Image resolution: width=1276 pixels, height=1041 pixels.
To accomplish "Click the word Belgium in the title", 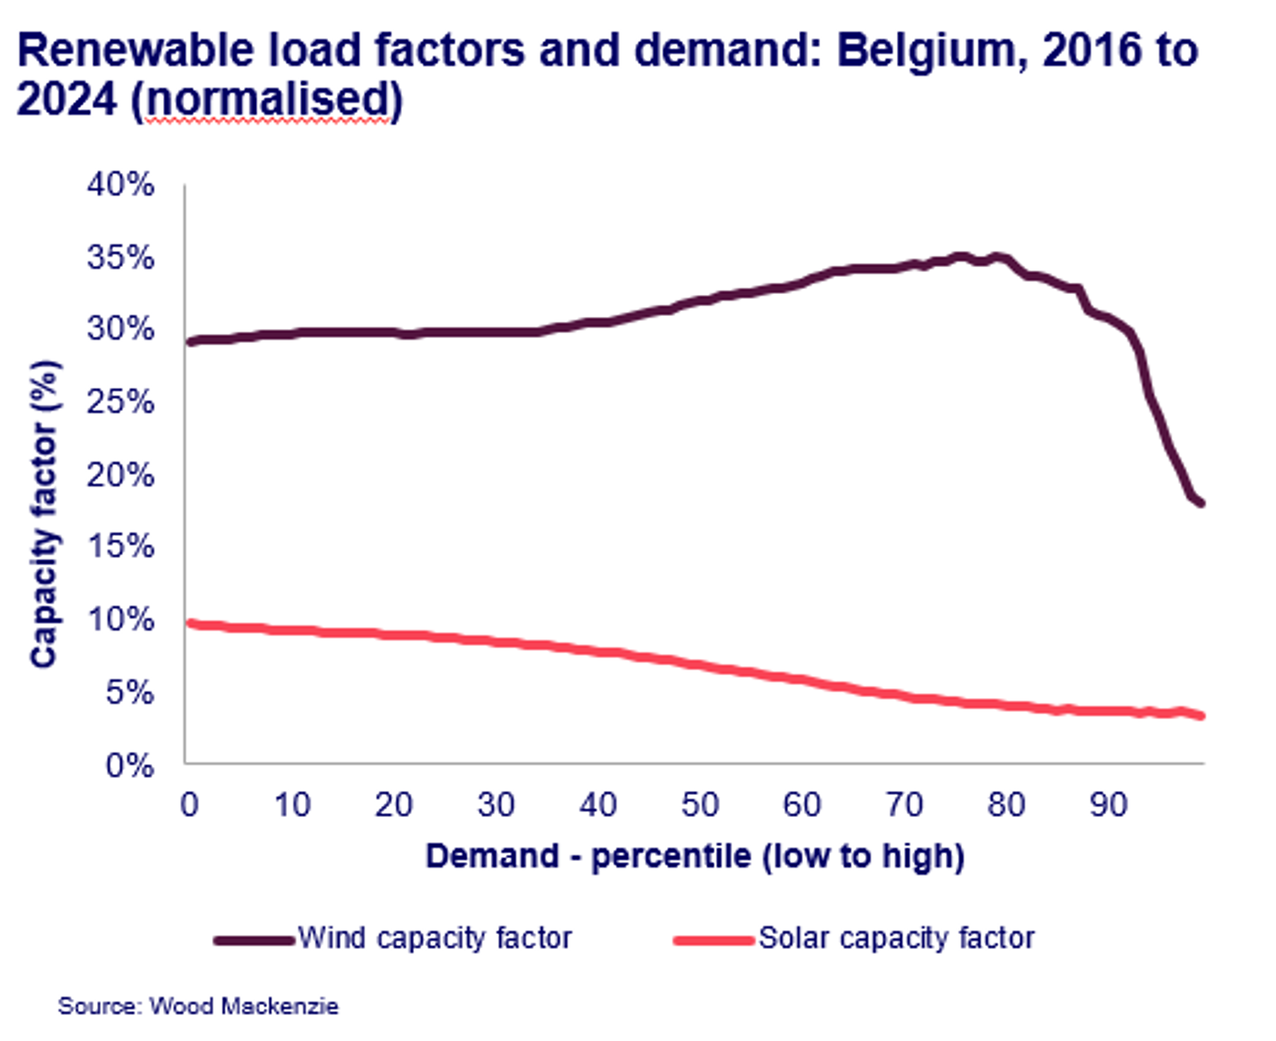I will (x=930, y=51).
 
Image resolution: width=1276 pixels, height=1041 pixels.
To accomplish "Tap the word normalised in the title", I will (x=269, y=100).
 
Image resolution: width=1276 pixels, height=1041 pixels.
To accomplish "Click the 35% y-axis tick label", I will (x=121, y=257).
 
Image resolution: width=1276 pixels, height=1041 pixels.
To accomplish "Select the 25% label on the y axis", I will (x=121, y=402).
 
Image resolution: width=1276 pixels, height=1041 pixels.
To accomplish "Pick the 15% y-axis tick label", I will (x=121, y=546).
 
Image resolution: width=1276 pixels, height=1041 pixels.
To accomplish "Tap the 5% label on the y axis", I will (x=130, y=692).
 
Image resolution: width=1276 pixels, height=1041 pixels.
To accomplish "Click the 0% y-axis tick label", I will (x=130, y=765).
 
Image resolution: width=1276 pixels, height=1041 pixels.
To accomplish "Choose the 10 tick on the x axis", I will (x=291, y=805).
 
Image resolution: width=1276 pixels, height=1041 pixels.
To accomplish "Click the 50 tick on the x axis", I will (x=700, y=805).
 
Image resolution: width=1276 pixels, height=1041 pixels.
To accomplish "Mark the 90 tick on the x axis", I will (x=1109, y=805).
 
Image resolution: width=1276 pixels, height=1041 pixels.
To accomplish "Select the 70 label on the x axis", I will (x=905, y=805).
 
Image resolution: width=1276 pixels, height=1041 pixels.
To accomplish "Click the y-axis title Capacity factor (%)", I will (x=44, y=514).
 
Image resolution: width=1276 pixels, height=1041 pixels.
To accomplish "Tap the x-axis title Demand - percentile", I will (x=695, y=856).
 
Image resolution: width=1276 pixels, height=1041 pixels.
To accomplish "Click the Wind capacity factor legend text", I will (x=435, y=938).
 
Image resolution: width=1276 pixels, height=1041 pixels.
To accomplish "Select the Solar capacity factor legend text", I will (x=896, y=938).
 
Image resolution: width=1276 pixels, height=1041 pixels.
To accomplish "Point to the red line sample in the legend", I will (x=714, y=941).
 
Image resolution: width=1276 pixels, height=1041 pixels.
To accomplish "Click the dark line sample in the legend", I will (x=254, y=941).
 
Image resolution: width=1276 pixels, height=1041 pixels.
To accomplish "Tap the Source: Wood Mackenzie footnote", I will (x=198, y=1006).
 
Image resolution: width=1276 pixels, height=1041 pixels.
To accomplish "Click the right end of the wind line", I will (x=1201, y=503).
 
